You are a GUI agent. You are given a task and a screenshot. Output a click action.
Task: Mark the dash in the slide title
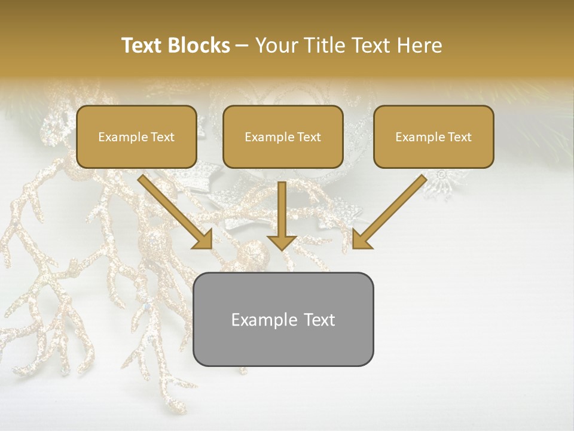pyautogui.click(x=242, y=46)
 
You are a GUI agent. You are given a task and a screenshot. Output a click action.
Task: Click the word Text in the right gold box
pyautogui.click(x=459, y=137)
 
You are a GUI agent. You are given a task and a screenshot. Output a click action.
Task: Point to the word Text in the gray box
pyautogui.click(x=320, y=320)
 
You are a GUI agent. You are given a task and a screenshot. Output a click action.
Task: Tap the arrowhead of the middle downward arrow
pyautogui.click(x=282, y=242)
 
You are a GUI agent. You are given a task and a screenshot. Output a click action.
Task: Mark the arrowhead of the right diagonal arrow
pyautogui.click(x=361, y=239)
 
